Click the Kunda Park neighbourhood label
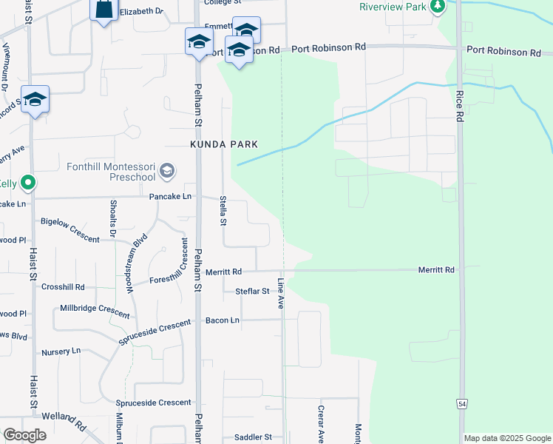click(x=225, y=144)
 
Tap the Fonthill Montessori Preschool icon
click(x=167, y=171)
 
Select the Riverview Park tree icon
click(x=438, y=7)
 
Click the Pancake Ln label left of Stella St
click(x=170, y=197)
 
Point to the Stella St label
click(x=223, y=211)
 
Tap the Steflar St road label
click(x=252, y=292)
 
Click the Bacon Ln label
click(x=223, y=320)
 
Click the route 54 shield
click(x=462, y=403)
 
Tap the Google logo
click(x=24, y=435)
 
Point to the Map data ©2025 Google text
click(x=506, y=438)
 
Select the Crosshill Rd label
click(x=63, y=286)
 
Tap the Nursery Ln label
click(x=61, y=351)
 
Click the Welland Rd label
click(x=63, y=420)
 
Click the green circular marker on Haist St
click(x=29, y=182)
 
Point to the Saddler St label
click(x=253, y=437)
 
